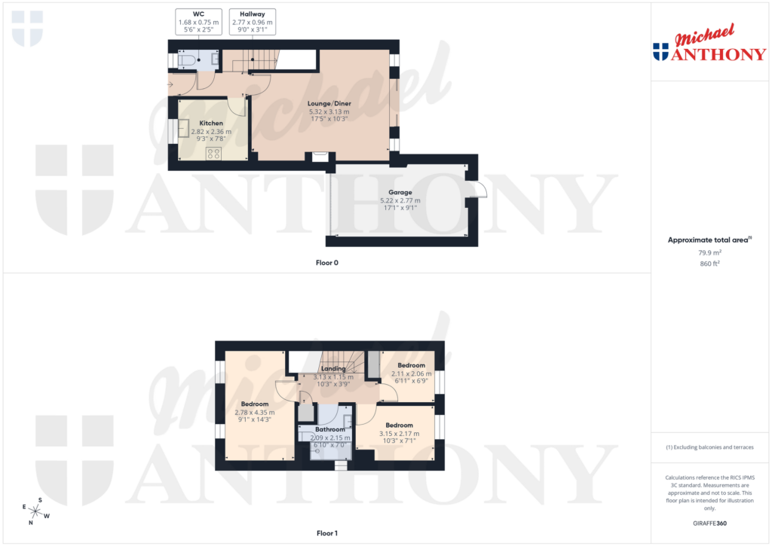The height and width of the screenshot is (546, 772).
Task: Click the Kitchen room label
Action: coord(211,123)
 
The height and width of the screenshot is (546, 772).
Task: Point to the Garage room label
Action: coord(400,192)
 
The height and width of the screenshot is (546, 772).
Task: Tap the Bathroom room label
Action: coord(330,429)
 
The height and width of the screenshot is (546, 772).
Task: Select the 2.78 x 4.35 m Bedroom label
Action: coord(254,404)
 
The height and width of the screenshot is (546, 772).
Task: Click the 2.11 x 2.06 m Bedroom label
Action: coord(411,365)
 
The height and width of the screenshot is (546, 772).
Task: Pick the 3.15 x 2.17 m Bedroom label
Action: coord(399,426)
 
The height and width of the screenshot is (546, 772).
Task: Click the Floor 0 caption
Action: coord(326,263)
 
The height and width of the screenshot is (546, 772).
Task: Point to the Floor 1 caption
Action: coord(326,533)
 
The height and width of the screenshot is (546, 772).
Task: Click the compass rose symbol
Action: coord(35,511)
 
